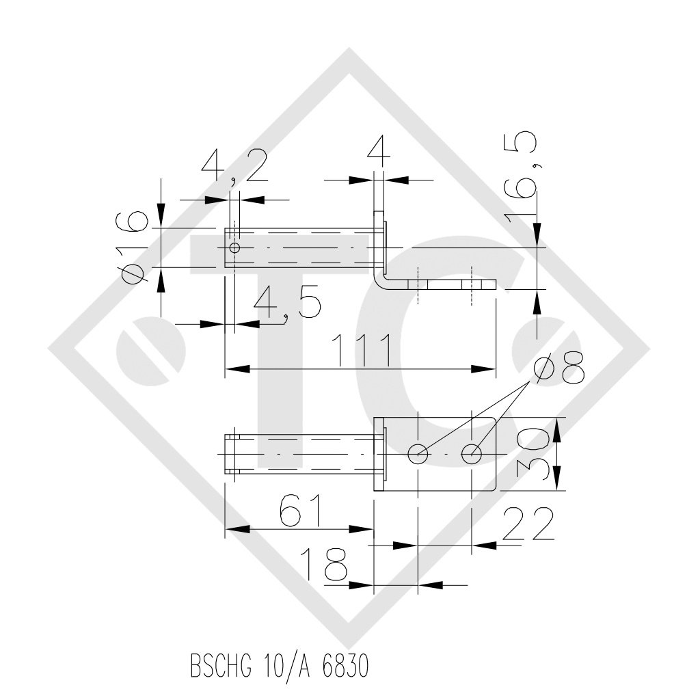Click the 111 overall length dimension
click(x=360, y=350)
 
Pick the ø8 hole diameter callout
click(x=559, y=368)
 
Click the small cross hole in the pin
click(x=234, y=247)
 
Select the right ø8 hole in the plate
click(x=472, y=453)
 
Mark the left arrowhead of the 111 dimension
click(x=232, y=369)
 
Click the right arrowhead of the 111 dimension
click(x=488, y=369)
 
